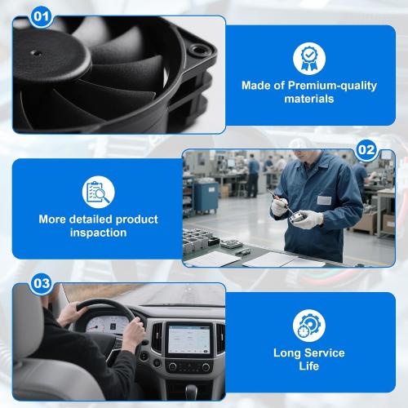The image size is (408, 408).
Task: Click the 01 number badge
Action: [41, 16]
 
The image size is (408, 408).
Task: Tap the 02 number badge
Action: [366, 150]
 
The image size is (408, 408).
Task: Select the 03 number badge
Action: [42, 284]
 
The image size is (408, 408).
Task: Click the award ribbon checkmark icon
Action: [309, 59]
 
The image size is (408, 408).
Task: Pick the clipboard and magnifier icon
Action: [99, 193]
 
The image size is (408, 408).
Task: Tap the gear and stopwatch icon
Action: [309, 326]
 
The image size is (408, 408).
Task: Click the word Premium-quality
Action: [332, 86]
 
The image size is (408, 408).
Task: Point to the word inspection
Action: [99, 233]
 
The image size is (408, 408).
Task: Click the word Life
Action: [309, 366]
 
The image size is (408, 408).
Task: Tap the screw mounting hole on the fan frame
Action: [197, 50]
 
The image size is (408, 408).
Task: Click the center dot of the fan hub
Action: [36, 53]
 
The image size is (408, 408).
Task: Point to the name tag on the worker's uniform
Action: [324, 201]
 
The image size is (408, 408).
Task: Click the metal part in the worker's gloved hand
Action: [297, 218]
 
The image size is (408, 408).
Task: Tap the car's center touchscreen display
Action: [188, 339]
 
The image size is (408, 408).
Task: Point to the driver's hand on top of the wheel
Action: [70, 313]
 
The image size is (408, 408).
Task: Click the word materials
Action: [309, 99]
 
